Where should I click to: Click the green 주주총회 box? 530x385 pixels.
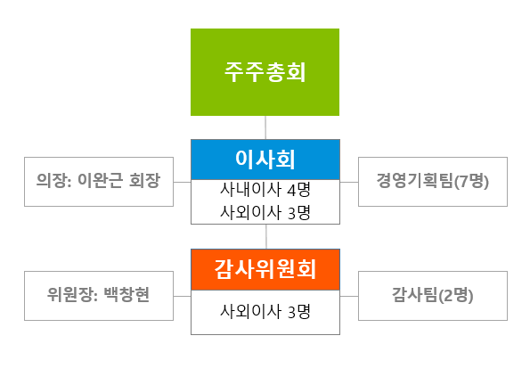265,72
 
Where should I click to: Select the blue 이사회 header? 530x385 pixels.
265,160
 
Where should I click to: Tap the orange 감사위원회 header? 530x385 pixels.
265,270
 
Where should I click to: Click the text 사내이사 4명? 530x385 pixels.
265,190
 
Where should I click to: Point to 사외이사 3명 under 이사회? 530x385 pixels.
265,212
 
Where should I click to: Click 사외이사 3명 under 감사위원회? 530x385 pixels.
265,311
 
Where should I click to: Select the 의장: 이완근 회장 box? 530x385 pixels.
99,182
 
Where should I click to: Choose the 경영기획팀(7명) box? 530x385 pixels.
433,182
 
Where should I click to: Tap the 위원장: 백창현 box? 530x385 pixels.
99,296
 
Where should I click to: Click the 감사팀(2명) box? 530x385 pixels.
433,296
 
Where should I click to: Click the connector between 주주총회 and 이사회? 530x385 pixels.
265,127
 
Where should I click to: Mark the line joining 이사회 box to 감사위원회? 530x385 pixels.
266,237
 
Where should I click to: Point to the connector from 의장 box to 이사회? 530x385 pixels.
183,182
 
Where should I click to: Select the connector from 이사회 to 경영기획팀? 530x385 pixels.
349,182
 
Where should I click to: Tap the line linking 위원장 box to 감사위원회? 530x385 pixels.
183,296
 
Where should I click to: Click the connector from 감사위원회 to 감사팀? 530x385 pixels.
349,296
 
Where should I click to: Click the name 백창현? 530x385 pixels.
126,295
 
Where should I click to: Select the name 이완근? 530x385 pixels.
100,180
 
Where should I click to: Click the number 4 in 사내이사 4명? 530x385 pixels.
291,190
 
